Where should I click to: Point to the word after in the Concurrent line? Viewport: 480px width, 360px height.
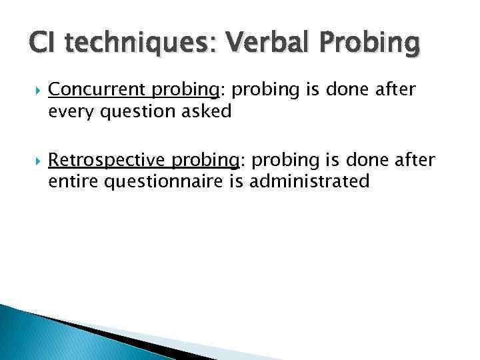(x=395, y=90)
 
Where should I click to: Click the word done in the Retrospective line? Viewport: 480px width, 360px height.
(x=369, y=160)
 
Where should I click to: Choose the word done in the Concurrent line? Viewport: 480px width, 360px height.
(x=349, y=90)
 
